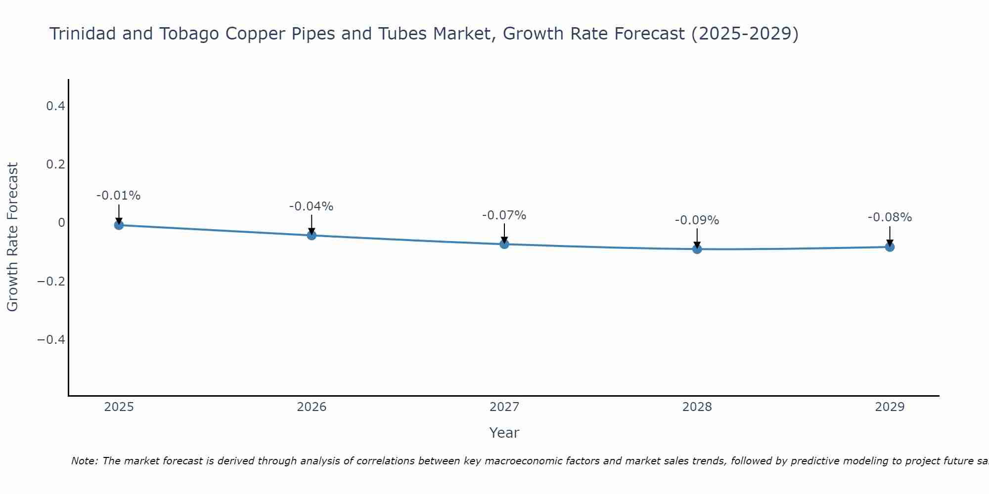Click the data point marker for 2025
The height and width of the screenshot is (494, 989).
(x=119, y=225)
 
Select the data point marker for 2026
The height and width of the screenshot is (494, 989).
(x=312, y=236)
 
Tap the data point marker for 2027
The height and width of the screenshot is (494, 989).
(x=504, y=244)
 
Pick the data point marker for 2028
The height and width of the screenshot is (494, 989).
(x=697, y=249)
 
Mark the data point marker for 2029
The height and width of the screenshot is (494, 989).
(x=890, y=247)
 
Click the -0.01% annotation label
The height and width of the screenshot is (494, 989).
(x=119, y=196)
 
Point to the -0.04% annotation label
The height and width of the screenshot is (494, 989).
(x=312, y=206)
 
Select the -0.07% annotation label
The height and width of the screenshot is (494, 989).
(x=504, y=215)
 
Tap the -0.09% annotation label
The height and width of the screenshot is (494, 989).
(x=697, y=220)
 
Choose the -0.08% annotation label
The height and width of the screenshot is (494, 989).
(x=890, y=217)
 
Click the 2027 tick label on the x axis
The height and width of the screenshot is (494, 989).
(x=504, y=407)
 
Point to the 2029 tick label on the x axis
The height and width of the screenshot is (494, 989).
(x=890, y=407)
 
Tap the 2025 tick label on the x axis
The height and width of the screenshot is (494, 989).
(x=119, y=407)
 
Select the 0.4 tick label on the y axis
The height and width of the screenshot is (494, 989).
(x=55, y=106)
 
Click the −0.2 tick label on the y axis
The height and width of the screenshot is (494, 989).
(x=51, y=281)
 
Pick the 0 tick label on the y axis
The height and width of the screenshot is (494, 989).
(x=61, y=223)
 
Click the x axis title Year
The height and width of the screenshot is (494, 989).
(x=504, y=433)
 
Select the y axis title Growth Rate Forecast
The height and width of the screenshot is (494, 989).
(x=13, y=237)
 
